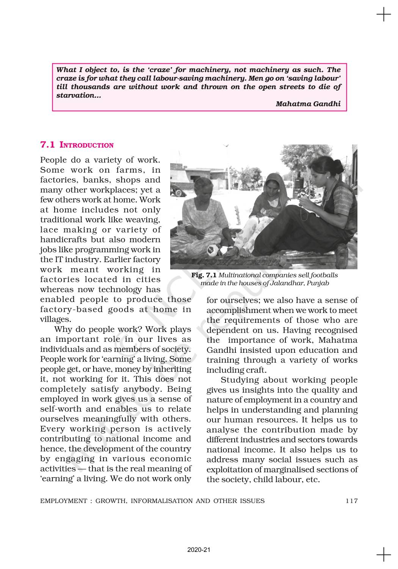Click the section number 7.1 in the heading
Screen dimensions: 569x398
pos(47,145)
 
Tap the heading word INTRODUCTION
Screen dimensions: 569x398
pos(87,145)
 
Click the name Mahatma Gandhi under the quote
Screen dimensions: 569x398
pos(308,104)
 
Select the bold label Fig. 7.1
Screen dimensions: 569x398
pos(204,275)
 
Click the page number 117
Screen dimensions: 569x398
pos(351,501)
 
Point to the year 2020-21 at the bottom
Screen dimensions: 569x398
pos(199,550)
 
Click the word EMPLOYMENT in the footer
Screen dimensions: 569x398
pos(64,501)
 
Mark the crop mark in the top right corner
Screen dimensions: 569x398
pos(384,15)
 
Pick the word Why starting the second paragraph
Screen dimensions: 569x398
pos(62,329)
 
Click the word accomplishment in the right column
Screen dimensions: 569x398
pos(238,310)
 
